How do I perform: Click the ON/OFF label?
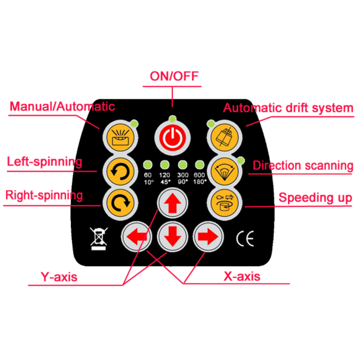click(174, 76)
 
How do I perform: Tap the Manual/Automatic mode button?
click(120, 137)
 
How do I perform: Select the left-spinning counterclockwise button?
click(120, 171)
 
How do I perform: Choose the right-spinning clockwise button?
click(120, 203)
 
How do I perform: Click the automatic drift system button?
click(224, 137)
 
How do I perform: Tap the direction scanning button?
click(224, 171)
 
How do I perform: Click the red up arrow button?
click(172, 203)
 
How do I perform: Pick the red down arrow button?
click(172, 236)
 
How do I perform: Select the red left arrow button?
click(137, 236)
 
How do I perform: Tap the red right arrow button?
click(208, 236)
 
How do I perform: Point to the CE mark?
click(245, 239)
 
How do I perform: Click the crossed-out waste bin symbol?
click(99, 239)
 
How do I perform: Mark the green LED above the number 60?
click(148, 164)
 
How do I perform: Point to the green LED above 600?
click(199, 164)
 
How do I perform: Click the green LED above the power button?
click(172, 119)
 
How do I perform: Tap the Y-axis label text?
click(59, 277)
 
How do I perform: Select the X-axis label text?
click(242, 276)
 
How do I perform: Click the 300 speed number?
click(183, 175)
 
